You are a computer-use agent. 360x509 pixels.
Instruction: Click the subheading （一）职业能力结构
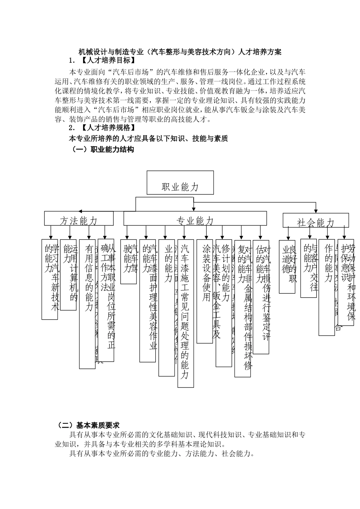point(103,150)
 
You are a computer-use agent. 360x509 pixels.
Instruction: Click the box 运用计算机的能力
point(68,275)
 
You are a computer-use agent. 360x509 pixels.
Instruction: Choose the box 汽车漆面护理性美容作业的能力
point(147,300)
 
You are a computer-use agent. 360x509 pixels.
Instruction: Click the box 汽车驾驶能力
point(128,261)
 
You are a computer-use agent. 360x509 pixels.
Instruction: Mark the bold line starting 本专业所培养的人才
point(148,139)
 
